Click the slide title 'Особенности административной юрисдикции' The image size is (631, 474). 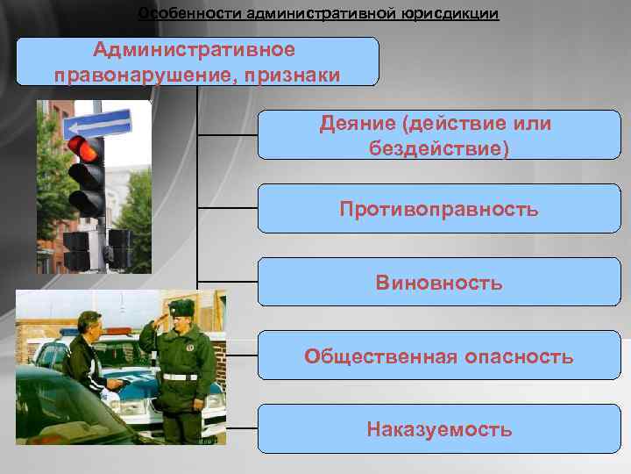[318, 14]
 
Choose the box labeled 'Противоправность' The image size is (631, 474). [438, 209]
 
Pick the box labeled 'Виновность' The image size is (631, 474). [438, 283]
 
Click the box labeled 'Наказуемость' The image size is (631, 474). [438, 429]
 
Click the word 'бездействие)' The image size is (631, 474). [438, 147]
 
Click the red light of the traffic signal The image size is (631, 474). [88, 148]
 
